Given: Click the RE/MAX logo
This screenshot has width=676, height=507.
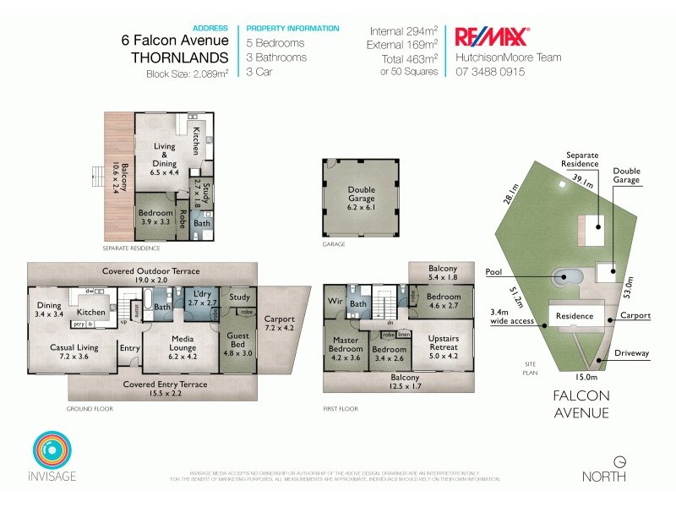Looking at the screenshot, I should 492,36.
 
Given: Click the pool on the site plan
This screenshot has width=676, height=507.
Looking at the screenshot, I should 568,276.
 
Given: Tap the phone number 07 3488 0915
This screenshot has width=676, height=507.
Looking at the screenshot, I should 490,73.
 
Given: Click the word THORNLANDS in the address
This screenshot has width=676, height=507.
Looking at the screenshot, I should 180,58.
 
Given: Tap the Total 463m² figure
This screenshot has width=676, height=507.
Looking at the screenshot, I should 409,59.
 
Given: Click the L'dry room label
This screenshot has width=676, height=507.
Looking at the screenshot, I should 203,305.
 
